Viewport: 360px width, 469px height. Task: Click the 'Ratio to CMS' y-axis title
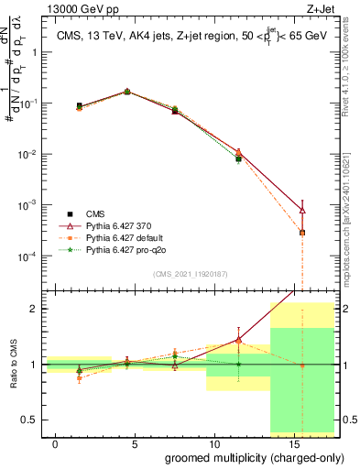12,364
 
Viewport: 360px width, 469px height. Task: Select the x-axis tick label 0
56,442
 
